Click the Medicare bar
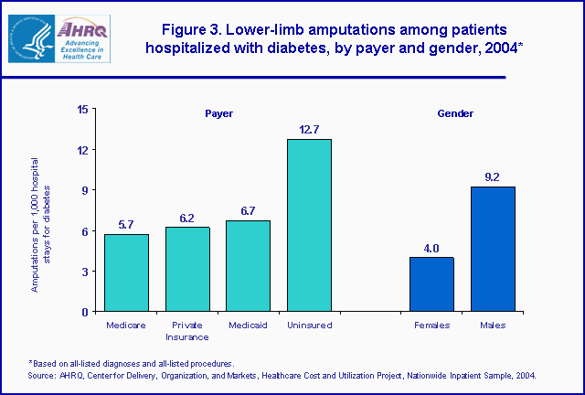(126, 272)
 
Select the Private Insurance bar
(187, 269)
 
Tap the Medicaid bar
(248, 266)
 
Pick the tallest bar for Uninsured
(309, 225)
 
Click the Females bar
(431, 283)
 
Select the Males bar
(493, 249)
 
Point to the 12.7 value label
(309, 130)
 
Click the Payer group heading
(218, 113)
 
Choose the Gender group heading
(455, 113)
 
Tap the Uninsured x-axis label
(309, 325)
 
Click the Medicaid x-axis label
(248, 325)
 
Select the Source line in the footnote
(282, 375)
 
